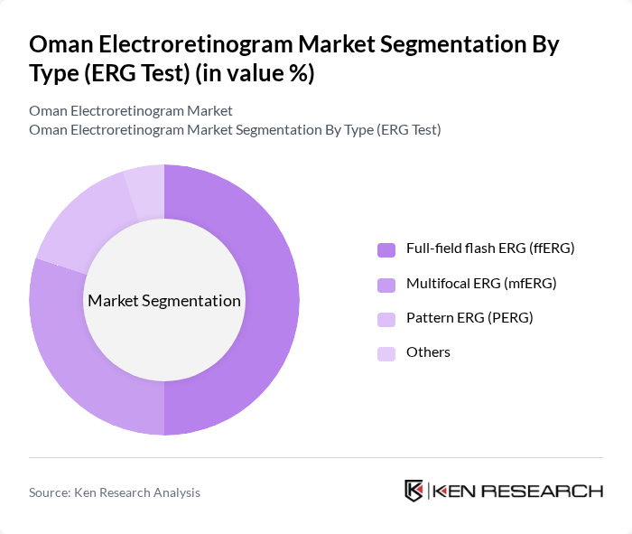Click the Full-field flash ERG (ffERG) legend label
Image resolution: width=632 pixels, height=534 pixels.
pos(490,248)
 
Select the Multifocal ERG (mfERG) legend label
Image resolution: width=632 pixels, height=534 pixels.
pos(481,284)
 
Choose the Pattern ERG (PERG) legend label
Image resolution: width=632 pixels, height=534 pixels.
pos(469,318)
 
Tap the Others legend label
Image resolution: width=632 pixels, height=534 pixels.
pos(428,352)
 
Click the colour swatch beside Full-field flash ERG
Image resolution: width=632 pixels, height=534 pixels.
pos(386,249)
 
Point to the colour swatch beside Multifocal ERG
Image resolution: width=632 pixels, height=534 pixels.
pos(386,284)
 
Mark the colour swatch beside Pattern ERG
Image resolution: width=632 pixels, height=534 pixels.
pos(386,318)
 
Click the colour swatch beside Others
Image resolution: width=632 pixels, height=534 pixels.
pos(386,353)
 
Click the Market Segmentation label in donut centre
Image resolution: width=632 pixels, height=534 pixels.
pos(164,301)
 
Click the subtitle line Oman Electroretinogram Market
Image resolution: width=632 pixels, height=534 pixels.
pos(131,110)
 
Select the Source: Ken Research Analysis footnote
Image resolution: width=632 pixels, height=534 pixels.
pos(115,492)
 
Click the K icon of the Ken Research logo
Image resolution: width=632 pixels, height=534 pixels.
pos(414,491)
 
